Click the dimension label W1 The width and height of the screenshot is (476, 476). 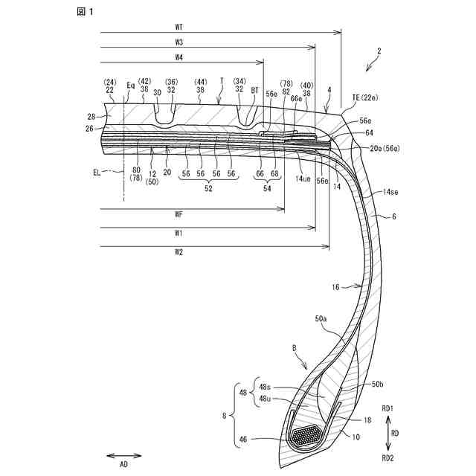pyautogui.click(x=179, y=233)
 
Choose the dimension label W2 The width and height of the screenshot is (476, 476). pyautogui.click(x=179, y=251)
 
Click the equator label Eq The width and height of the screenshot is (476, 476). pyautogui.click(x=131, y=86)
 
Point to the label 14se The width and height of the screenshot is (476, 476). pyautogui.click(x=391, y=192)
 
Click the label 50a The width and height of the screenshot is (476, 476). pyautogui.click(x=322, y=318)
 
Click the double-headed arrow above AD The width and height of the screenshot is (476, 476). pyautogui.click(x=119, y=455)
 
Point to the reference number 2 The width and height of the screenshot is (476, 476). pyautogui.click(x=379, y=51)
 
